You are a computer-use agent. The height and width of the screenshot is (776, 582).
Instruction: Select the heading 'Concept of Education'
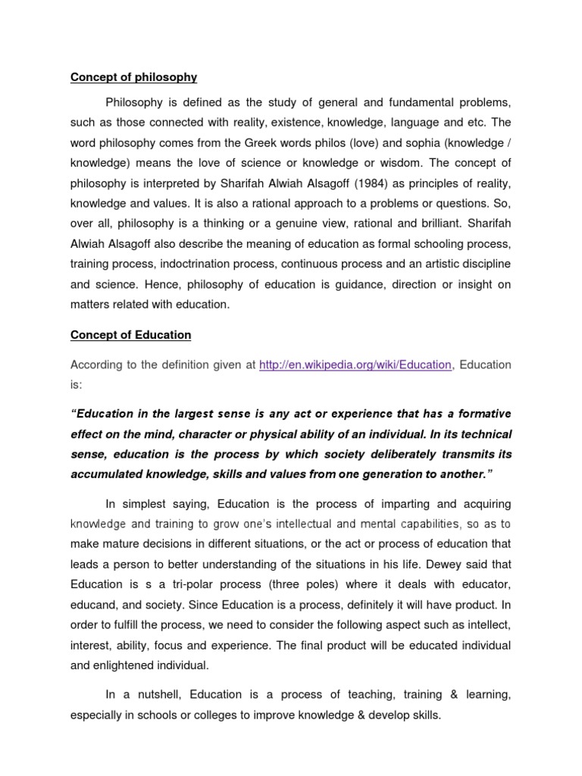tap(130, 334)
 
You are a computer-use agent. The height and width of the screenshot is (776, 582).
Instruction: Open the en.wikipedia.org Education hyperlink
tap(355, 365)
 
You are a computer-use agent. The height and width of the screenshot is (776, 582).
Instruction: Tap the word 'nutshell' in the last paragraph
tap(158, 694)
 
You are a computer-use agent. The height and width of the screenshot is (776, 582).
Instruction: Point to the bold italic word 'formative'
tap(483, 414)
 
